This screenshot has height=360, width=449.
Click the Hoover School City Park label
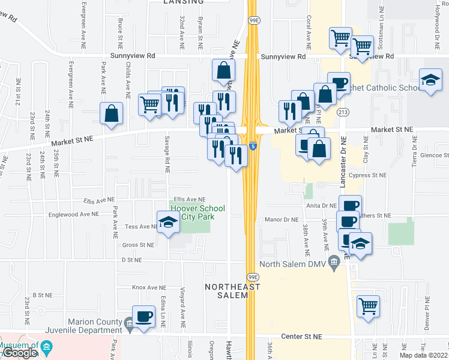point(197,212)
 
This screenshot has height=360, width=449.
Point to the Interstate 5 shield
point(254,146)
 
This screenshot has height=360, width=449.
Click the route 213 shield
point(343,112)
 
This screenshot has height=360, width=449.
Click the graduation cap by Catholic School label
point(430,80)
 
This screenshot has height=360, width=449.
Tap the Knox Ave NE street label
point(148,287)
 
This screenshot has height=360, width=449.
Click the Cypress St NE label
point(367,176)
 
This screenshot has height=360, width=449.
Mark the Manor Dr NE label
point(281,220)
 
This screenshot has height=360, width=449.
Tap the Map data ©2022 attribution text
point(424,355)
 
